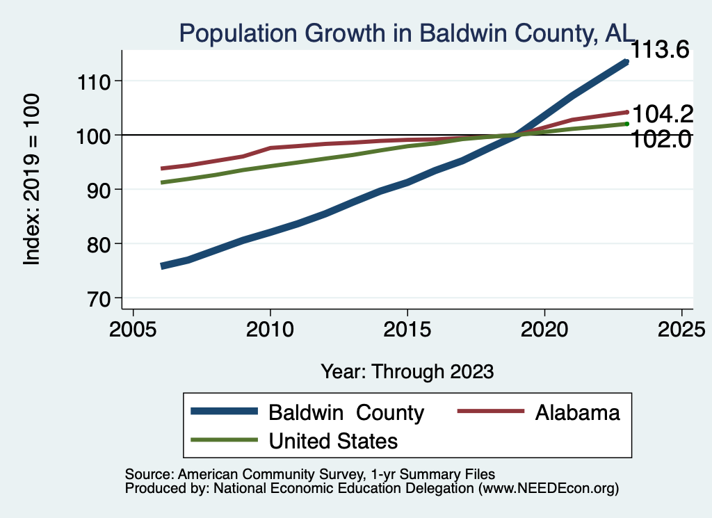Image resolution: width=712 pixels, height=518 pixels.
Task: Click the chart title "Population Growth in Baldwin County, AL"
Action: [407, 33]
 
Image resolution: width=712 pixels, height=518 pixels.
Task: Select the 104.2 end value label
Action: [660, 114]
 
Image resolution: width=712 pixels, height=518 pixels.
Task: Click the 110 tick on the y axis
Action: [97, 81]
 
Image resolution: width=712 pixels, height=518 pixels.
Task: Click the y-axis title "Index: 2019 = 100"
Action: [31, 179]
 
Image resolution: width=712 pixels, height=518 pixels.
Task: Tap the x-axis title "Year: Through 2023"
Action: [407, 371]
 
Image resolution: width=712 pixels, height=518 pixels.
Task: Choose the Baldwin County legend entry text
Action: [346, 413]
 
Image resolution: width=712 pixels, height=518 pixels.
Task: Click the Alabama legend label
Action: [577, 413]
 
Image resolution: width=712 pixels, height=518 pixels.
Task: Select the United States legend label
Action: [333, 441]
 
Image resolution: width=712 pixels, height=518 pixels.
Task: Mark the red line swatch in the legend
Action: [490, 412]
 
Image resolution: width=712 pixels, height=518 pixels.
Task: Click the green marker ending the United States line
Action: [626, 124]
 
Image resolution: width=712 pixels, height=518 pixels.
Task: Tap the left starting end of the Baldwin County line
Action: [163, 266]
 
